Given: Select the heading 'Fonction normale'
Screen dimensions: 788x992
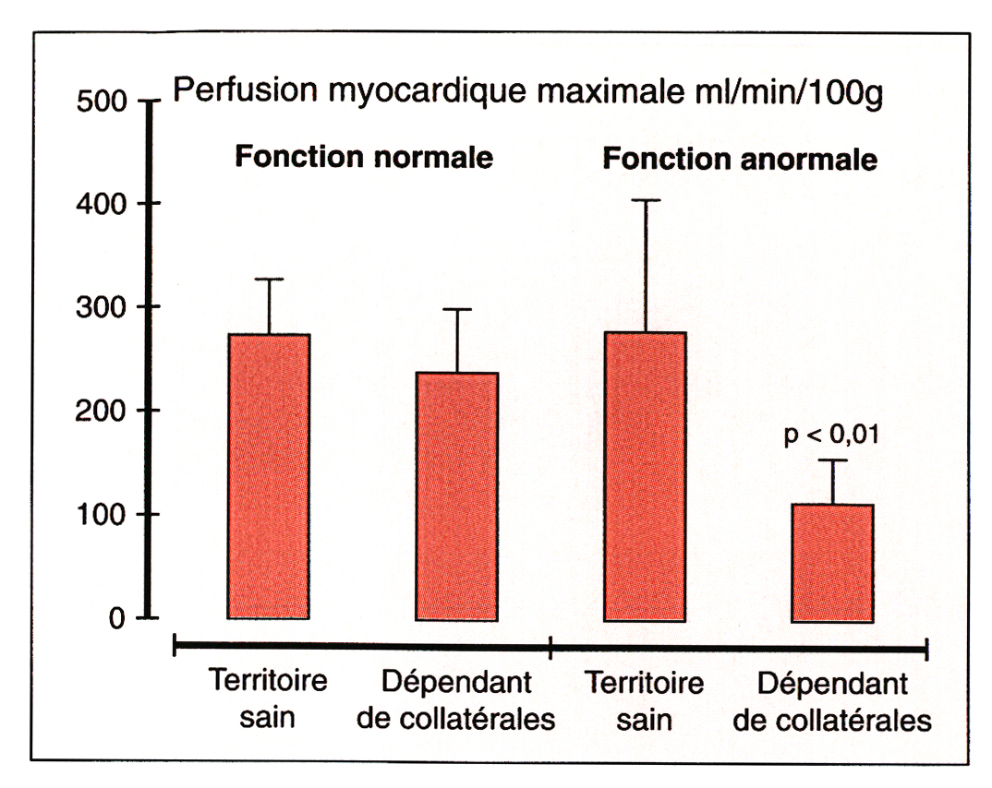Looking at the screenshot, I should (363, 157).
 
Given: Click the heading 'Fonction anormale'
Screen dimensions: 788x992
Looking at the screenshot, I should (740, 160).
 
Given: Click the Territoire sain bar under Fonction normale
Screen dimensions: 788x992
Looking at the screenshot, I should (269, 476).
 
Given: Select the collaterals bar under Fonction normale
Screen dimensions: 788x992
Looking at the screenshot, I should (457, 495).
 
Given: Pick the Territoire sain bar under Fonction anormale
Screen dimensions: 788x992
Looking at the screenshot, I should (645, 476).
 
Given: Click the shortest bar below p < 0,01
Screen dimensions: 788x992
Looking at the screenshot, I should (832, 563).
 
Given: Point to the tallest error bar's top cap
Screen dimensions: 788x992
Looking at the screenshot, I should (646, 200).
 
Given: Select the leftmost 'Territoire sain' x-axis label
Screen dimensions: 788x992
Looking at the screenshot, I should (268, 699).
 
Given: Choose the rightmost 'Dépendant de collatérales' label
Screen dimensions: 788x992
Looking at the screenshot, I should (832, 702).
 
